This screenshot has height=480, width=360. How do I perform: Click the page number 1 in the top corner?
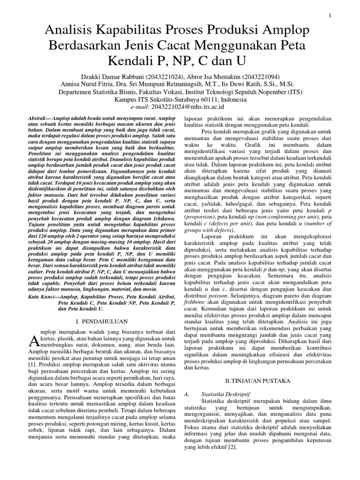(x=330, y=16)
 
